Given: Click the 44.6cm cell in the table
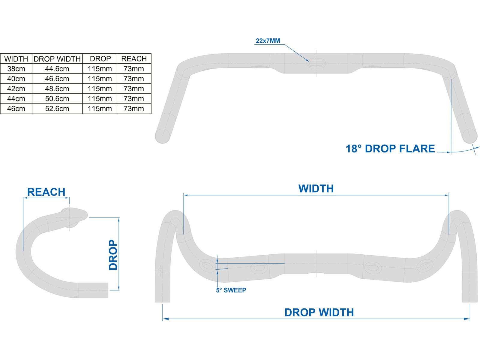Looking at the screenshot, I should [x=57, y=69].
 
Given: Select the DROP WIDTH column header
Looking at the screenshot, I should [x=57, y=59].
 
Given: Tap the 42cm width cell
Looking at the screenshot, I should [x=16, y=89].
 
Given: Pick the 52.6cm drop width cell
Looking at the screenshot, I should [x=57, y=109].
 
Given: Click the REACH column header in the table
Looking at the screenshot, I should [x=134, y=59].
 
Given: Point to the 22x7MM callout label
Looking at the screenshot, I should [x=268, y=41].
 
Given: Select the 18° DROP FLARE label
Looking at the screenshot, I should [x=390, y=149].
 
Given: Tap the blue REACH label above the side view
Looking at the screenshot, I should [x=46, y=192].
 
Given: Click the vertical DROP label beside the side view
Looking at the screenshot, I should [x=113, y=255].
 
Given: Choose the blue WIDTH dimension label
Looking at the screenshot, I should [x=316, y=189].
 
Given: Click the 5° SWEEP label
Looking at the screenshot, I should [x=231, y=290].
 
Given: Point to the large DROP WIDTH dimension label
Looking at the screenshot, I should [x=319, y=312].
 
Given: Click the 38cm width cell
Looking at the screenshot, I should [x=16, y=69].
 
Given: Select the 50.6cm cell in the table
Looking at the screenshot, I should [x=57, y=99].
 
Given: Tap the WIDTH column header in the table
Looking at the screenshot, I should [x=16, y=59].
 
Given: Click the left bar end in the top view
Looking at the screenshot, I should [x=163, y=136].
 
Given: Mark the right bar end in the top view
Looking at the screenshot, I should [x=469, y=136].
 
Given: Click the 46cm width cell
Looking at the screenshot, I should [x=16, y=109].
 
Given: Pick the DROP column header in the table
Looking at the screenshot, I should [x=100, y=59].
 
